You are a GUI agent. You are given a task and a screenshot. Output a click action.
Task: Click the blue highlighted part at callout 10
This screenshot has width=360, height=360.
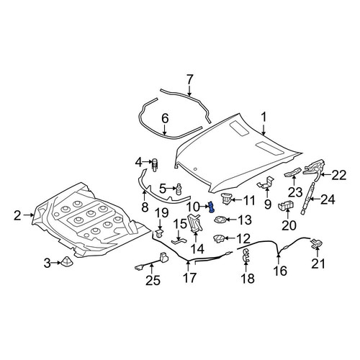pyautogui.click(x=212, y=207)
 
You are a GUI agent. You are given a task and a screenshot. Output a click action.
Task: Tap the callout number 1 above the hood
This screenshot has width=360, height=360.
pyautogui.click(x=264, y=118)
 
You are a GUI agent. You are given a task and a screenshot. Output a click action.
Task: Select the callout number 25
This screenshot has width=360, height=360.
pyautogui.click(x=153, y=280)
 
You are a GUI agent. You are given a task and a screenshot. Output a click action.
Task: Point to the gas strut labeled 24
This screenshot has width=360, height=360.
pyautogui.click(x=307, y=198)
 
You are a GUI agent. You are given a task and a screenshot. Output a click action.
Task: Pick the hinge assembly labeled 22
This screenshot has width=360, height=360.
pyautogui.click(x=314, y=169)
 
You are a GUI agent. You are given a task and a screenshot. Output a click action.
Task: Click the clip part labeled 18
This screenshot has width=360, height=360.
pyautogui.click(x=246, y=255)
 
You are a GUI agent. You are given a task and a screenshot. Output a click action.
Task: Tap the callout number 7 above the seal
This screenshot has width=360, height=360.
pyautogui.click(x=189, y=80)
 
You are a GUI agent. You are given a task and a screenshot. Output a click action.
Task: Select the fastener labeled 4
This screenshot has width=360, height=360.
pyautogui.click(x=156, y=165)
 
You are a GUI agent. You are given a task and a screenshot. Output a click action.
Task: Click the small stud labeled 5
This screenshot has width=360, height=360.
pyautogui.click(x=179, y=189)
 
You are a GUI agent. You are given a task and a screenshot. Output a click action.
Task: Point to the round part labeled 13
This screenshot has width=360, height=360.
pyautogui.click(x=220, y=220)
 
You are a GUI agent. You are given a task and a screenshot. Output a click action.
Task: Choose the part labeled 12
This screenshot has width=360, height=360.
pyautogui.click(x=219, y=238)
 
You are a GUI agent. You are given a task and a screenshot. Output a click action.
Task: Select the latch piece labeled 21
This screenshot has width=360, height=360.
pyautogui.click(x=317, y=243)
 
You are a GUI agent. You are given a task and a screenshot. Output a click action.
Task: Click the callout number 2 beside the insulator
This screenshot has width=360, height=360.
pyautogui.click(x=17, y=215)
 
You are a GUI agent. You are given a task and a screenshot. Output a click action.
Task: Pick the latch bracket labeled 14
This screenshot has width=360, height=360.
pyautogui.click(x=195, y=223)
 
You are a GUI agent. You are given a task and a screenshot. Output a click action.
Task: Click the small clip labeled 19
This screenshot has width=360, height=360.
pyautogui.click(x=159, y=233)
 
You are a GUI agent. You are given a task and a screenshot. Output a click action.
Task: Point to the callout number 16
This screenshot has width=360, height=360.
pyautogui.click(x=280, y=271)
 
